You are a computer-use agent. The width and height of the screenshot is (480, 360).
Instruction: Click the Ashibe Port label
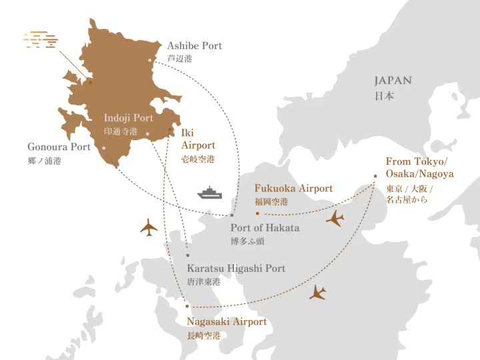pos(194,46)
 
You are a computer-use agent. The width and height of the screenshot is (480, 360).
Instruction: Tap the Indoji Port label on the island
pos(128,118)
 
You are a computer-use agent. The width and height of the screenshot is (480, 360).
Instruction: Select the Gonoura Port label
pos(59,147)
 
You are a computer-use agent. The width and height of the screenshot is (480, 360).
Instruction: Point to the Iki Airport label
pos(198,138)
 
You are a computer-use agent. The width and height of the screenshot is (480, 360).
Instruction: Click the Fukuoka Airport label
pos(293,189)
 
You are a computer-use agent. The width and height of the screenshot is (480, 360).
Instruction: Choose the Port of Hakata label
pos(265,228)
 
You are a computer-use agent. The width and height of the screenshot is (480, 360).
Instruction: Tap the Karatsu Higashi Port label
pos(236,269)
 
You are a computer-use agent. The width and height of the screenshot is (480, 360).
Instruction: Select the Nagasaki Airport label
pos(227,322)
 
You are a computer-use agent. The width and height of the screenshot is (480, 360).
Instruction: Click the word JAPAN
pos(393,81)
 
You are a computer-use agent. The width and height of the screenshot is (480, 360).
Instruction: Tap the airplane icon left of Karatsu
pos(149,227)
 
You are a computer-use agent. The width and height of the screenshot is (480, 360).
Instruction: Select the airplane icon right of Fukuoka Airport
pos(335,218)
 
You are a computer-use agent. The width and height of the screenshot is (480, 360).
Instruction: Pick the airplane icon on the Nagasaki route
pos(318,292)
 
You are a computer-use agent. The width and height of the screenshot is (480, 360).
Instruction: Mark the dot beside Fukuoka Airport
pos(257,214)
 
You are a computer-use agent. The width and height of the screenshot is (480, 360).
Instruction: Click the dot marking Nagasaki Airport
pos(187,306)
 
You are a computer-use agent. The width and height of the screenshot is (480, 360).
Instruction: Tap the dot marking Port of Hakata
pos(232,215)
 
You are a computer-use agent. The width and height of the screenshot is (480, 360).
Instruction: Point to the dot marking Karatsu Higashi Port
pos(188,255)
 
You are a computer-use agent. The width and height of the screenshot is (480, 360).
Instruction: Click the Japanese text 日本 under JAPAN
pos(383,96)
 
